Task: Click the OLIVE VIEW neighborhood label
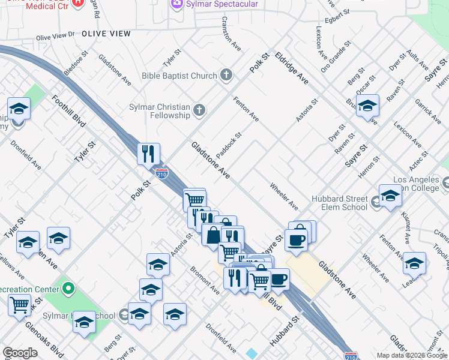(x=106, y=34)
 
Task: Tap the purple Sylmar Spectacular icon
(x=177, y=4)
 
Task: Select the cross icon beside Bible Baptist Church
(x=226, y=75)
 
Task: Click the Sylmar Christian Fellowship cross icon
(x=199, y=110)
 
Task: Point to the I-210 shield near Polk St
(x=161, y=174)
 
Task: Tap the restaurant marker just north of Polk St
(x=148, y=154)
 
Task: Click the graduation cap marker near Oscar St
(x=367, y=106)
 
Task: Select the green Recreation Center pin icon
(x=68, y=289)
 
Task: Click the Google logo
(x=20, y=353)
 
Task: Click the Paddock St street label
(x=229, y=146)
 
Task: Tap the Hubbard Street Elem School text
(x=339, y=203)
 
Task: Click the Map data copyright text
(x=403, y=355)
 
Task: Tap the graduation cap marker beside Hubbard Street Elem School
(x=390, y=196)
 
